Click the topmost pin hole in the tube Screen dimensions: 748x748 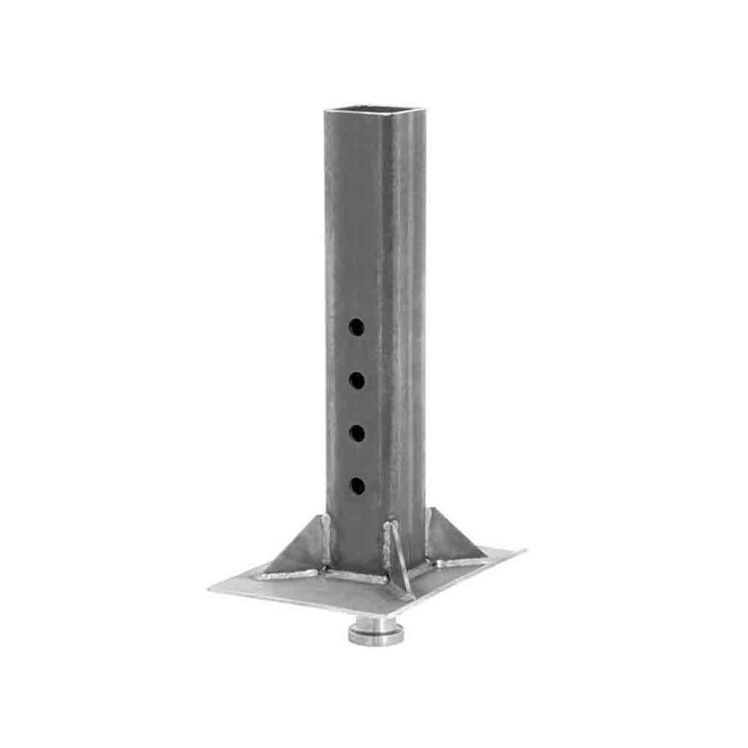click(x=357, y=327)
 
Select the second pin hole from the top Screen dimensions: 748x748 click(x=357, y=380)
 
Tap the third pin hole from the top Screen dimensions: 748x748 click(x=357, y=433)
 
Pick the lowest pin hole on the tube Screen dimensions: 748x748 click(x=357, y=485)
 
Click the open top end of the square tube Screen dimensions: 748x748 click(x=375, y=112)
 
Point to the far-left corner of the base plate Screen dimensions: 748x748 click(x=210, y=590)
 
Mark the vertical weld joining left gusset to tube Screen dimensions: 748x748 click(x=326, y=539)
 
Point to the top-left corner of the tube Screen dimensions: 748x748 click(x=325, y=113)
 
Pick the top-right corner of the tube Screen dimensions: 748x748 click(x=425, y=111)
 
